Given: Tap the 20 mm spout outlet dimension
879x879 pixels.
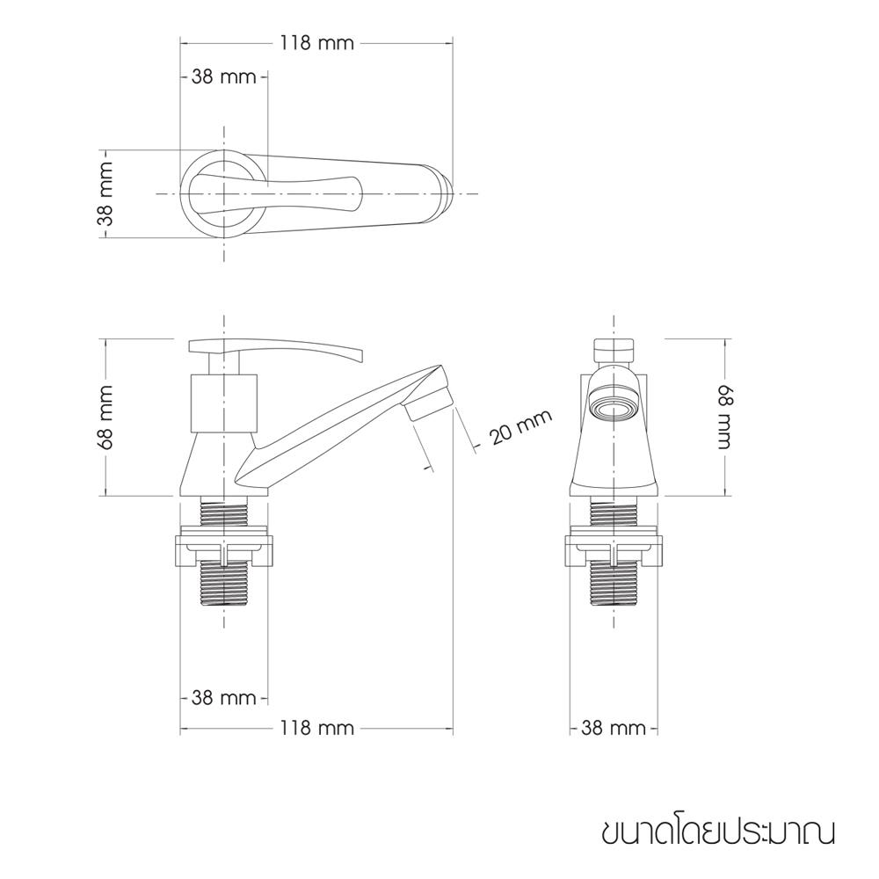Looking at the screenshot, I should (520, 428).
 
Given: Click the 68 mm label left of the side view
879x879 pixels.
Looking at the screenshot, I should (105, 417).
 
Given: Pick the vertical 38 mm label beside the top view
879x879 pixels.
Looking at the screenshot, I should (105, 193).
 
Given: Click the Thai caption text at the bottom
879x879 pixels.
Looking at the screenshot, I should (718, 831).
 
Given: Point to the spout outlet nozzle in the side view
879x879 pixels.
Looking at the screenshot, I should (429, 404).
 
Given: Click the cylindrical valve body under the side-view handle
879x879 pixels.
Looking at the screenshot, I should (224, 400).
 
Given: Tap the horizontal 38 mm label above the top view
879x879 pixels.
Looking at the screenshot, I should (223, 76).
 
